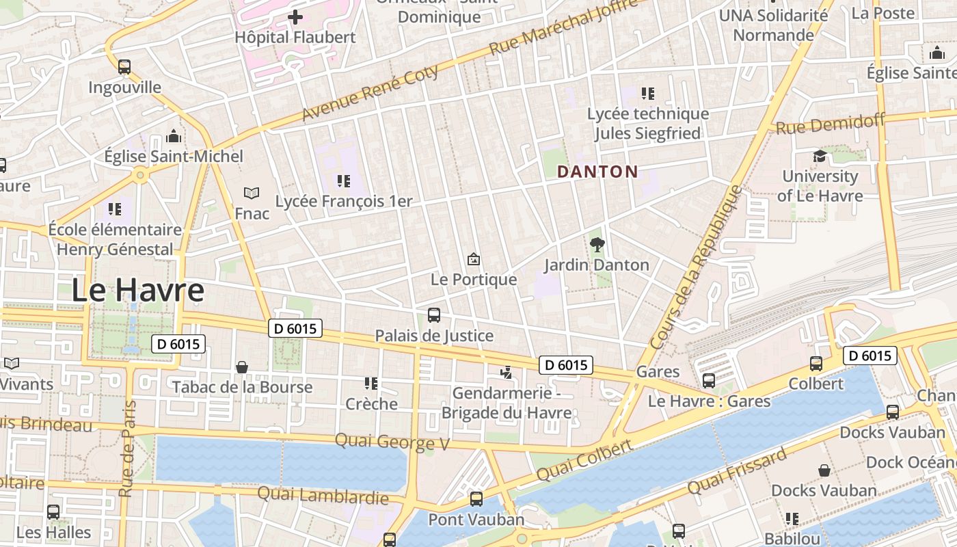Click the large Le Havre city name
(x=137, y=290)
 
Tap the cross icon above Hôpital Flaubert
(x=295, y=17)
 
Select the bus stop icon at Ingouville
(x=124, y=67)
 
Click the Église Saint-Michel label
(x=174, y=157)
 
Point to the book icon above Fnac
(x=252, y=194)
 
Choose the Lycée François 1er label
(x=344, y=201)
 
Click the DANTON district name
(x=597, y=172)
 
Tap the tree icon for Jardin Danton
(x=597, y=244)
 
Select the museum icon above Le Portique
(x=473, y=259)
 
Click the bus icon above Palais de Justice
(x=434, y=315)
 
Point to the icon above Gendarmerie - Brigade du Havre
(x=506, y=373)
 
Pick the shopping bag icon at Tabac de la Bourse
(x=242, y=367)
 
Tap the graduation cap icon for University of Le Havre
(x=820, y=157)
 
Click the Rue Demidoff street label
(x=829, y=124)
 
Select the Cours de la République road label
(x=696, y=267)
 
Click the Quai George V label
(x=392, y=442)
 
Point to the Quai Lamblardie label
(x=323, y=494)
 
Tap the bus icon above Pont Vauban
(x=476, y=499)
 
